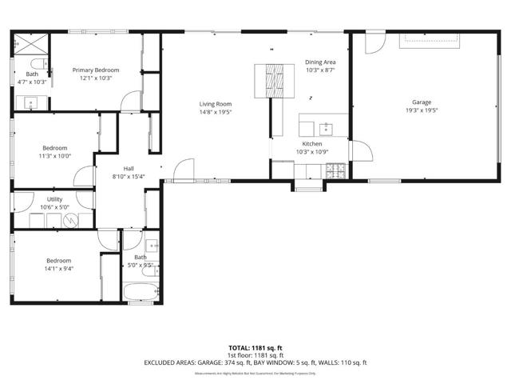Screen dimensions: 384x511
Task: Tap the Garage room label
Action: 422,102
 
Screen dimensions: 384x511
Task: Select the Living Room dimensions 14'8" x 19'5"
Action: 216,113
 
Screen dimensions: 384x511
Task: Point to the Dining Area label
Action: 320,62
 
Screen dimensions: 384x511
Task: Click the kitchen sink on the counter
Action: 326,127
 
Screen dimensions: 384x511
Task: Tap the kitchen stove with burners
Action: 335,169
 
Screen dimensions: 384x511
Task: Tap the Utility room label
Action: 54,198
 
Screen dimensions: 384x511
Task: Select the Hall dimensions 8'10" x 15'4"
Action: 123,176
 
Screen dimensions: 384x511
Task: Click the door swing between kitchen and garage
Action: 356,150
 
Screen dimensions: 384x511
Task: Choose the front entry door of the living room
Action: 183,170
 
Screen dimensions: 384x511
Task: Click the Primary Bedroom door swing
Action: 127,100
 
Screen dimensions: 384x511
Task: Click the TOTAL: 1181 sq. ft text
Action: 255,348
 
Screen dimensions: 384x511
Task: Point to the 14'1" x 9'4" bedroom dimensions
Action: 58,269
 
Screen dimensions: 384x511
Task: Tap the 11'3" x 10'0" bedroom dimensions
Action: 55,155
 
